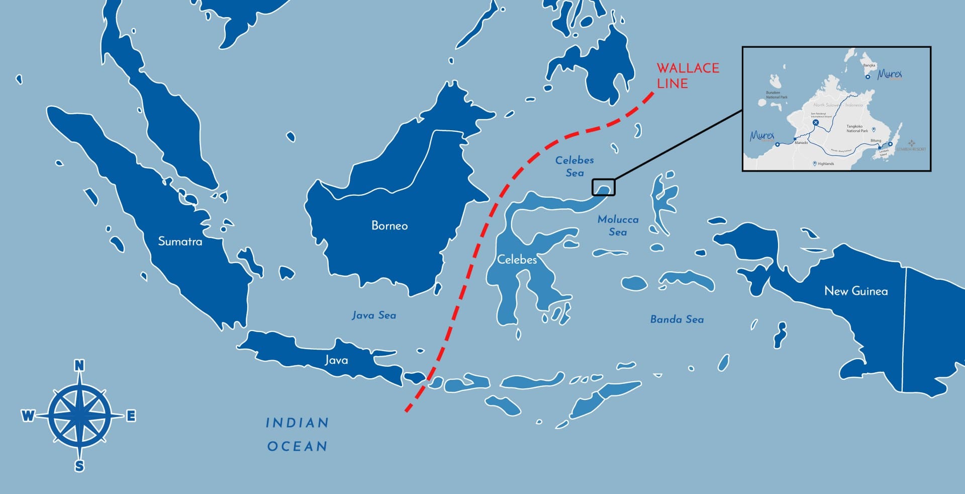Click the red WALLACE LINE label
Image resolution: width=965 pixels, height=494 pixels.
click(688, 75)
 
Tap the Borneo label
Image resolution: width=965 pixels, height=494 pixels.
click(390, 225)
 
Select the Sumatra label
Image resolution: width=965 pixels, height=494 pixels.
click(180, 241)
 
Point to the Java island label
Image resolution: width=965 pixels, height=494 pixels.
click(336, 360)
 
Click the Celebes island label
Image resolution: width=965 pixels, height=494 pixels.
click(517, 260)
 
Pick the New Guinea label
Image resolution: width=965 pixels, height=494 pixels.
click(856, 291)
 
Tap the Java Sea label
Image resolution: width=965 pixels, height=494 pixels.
click(374, 315)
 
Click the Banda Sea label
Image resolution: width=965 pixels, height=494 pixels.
click(677, 319)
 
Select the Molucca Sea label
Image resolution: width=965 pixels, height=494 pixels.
click(618, 225)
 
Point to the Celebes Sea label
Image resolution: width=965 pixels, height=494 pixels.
click(574, 166)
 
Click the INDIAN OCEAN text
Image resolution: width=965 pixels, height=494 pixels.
click(297, 434)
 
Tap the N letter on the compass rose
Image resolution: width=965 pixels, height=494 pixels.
click(79, 366)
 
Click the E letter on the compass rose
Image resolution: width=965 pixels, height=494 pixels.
click(131, 416)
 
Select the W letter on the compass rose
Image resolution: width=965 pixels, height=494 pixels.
click(28, 416)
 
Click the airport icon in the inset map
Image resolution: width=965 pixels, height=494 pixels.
click(816, 122)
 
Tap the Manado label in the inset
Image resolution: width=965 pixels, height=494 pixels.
click(801, 143)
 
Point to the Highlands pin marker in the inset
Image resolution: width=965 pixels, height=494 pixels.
click(815, 163)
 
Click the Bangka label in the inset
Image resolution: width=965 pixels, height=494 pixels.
click(869, 65)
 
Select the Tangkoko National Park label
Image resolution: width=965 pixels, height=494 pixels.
click(857, 129)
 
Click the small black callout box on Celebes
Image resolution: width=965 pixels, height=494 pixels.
click(603, 187)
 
